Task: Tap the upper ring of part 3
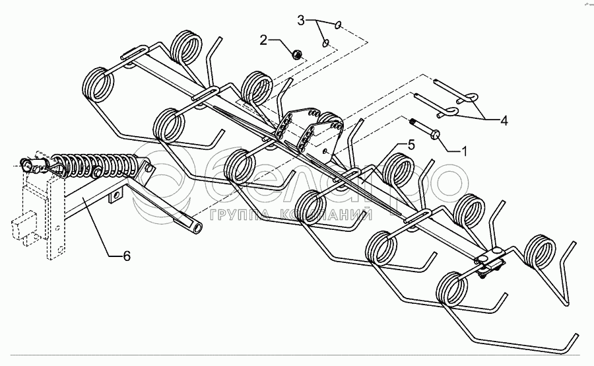point(338,26)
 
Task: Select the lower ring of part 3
point(326,44)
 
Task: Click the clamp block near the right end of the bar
point(489,262)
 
